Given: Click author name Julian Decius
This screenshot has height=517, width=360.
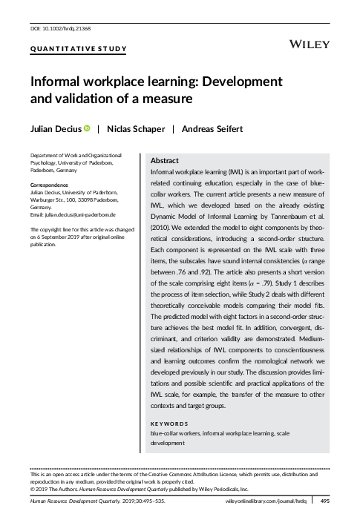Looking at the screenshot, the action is (56, 128).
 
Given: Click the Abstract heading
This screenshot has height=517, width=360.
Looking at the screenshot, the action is (164, 160).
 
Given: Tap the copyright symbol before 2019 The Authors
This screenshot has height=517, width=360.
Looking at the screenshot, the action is (32, 488).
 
